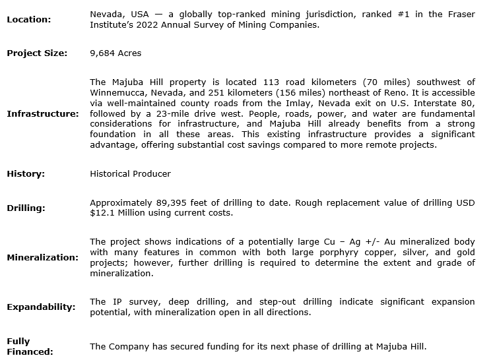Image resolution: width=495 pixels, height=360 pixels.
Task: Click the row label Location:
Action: pyautogui.click(x=28, y=19)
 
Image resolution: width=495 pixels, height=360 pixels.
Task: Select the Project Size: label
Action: pyautogui.click(x=37, y=53)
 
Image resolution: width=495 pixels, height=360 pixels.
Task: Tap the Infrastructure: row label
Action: pyautogui.click(x=43, y=113)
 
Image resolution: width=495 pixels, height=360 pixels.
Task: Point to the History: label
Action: pyautogui.click(x=26, y=173)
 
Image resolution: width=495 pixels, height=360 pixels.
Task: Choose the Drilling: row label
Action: pyautogui.click(x=26, y=208)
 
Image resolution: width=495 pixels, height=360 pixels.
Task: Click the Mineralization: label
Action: pyautogui.click(x=42, y=257)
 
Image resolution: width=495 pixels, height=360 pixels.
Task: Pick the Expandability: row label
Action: pyautogui.click(x=41, y=307)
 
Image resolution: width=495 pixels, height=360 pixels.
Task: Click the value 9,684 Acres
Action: pyautogui.click(x=115, y=53)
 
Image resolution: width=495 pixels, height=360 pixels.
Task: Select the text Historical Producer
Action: pyautogui.click(x=130, y=173)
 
